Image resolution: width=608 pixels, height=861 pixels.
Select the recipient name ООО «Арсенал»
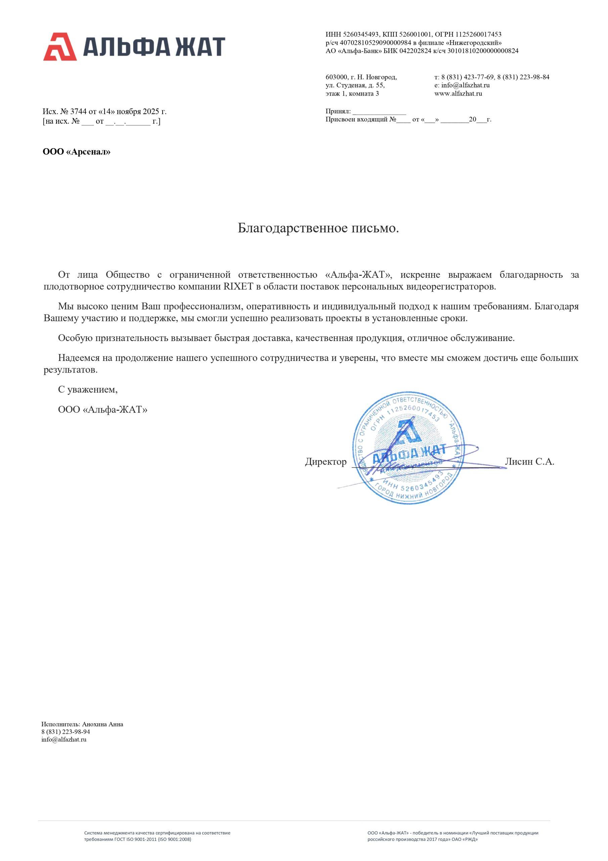click(77, 152)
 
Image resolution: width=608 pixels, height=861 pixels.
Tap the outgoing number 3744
click(78, 111)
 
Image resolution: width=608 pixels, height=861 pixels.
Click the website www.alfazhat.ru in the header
click(458, 93)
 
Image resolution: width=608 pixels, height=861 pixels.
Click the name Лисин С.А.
click(529, 462)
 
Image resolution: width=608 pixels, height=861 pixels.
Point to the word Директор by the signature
click(325, 462)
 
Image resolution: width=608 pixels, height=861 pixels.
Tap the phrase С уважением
click(88, 389)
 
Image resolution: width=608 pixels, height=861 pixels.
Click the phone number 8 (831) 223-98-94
click(66, 732)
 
